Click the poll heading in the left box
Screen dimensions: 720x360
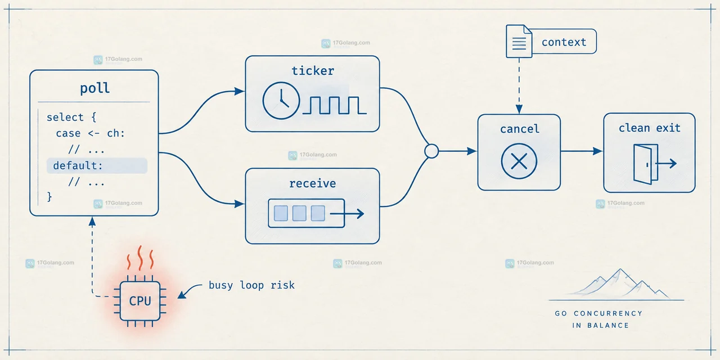pyautogui.click(x=95, y=88)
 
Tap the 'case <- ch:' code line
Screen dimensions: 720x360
pyautogui.click(x=91, y=133)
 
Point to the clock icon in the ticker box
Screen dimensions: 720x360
pyautogui.click(x=281, y=101)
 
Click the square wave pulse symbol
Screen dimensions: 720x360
pyautogui.click(x=334, y=105)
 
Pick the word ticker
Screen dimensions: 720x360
pyautogui.click(x=313, y=71)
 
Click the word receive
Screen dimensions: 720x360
pyautogui.click(x=312, y=183)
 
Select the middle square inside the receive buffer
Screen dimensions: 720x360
pyautogui.click(x=299, y=213)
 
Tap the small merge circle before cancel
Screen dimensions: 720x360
pyautogui.click(x=431, y=151)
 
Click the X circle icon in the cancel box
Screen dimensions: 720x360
pyautogui.click(x=519, y=161)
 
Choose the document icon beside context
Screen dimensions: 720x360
pyautogui.click(x=519, y=42)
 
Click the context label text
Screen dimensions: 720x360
pyautogui.click(x=564, y=42)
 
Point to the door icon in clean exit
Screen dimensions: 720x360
pyautogui.click(x=655, y=164)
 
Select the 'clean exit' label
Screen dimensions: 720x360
pyautogui.click(x=650, y=128)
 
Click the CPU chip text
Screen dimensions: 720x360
pyautogui.click(x=140, y=301)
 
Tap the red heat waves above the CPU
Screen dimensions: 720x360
pyautogui.click(x=140, y=258)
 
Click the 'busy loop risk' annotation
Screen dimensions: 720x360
pyautogui.click(x=251, y=285)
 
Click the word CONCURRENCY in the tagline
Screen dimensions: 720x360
pyautogui.click(x=608, y=313)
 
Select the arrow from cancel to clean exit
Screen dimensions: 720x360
pyautogui.click(x=582, y=151)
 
